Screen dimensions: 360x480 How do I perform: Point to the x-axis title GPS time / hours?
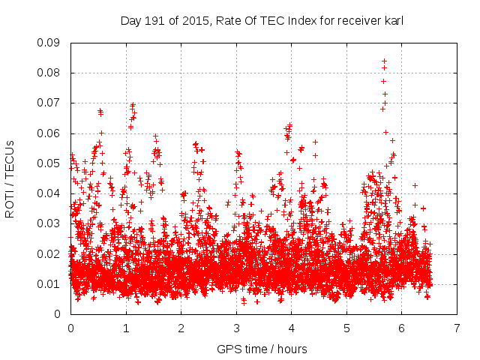[x=262, y=349]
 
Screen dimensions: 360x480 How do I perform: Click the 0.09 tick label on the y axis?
[x=49, y=43]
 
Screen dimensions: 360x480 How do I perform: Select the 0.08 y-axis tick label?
[x=49, y=73]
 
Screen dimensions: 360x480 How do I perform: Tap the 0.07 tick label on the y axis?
[x=49, y=103]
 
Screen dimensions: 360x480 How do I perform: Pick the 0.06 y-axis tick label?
[x=49, y=133]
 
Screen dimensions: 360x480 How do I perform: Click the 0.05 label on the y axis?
[x=49, y=163]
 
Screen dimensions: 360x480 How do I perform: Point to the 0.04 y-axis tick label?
[x=49, y=193]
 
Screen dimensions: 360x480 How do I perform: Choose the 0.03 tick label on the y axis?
[x=49, y=223]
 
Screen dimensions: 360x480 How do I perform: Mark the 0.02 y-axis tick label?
[x=49, y=253]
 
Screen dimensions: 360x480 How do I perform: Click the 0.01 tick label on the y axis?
[x=49, y=283]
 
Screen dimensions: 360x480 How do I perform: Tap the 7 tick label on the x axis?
[x=457, y=328]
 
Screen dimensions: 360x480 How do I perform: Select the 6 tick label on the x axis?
[x=401, y=328]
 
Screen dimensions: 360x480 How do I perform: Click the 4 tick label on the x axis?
[x=291, y=328]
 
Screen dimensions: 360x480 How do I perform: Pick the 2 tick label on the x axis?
[x=181, y=328]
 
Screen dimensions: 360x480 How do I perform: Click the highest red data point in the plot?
[x=384, y=61]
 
